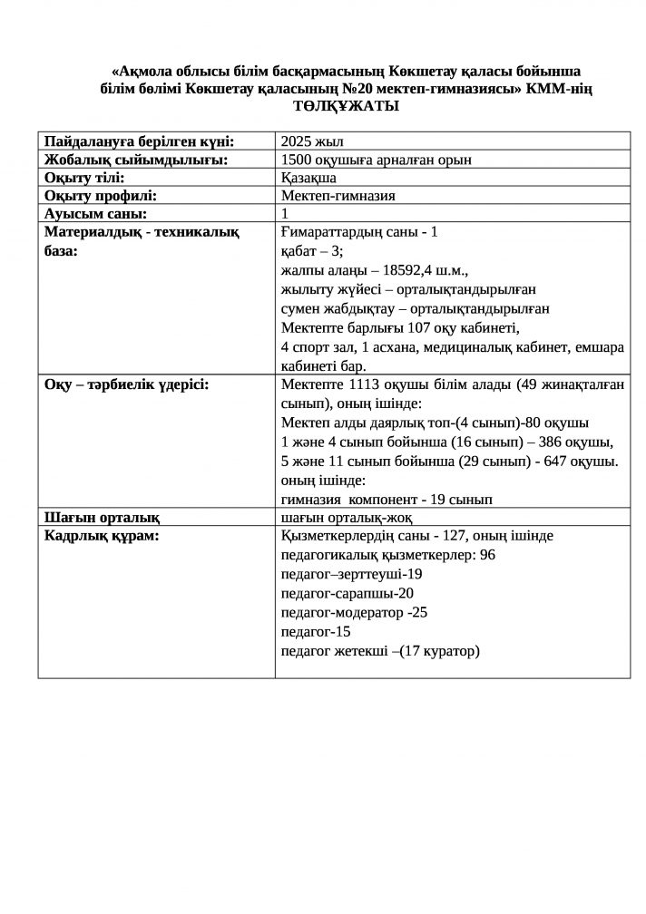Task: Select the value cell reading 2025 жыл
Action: (312, 141)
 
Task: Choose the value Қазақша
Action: (309, 177)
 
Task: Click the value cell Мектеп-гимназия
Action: (338, 195)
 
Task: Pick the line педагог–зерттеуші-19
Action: (352, 574)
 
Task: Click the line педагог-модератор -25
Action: (355, 612)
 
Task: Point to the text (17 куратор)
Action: (440, 650)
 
